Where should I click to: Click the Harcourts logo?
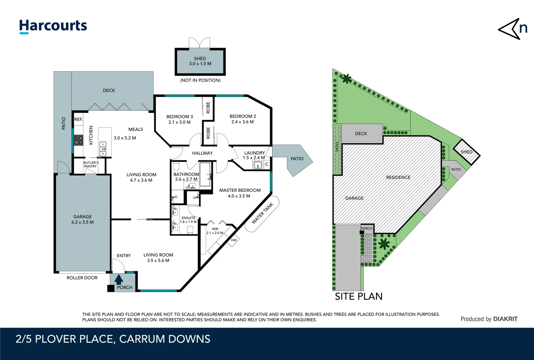53,26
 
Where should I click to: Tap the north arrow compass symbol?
512,29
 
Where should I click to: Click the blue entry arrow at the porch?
119,279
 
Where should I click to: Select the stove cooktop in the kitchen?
79,140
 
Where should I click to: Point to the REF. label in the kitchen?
78,119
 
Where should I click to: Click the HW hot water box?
234,240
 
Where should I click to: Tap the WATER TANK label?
262,213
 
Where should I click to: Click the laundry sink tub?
258,165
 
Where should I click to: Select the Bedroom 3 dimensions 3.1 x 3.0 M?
179,122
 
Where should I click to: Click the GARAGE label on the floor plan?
82,217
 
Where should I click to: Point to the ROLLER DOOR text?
82,278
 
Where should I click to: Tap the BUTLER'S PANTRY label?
90,164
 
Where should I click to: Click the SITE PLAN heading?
358,296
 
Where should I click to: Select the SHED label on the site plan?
466,152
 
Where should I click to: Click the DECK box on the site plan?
361,134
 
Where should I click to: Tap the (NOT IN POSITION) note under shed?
200,80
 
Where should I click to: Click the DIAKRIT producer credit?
505,319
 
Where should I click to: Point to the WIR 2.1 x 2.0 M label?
215,231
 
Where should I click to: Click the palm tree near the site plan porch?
384,244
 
